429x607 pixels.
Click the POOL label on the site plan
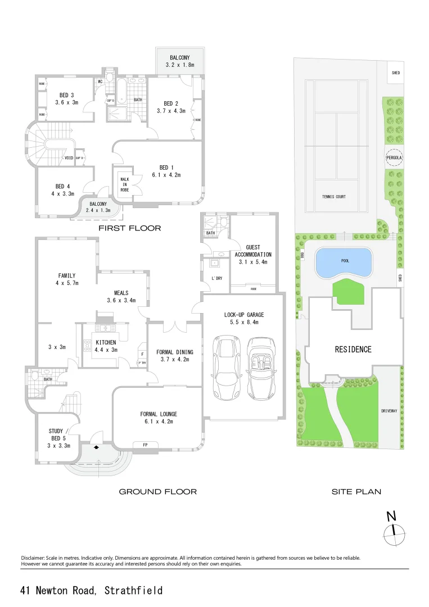tap(345, 261)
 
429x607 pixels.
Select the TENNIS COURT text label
tap(334, 197)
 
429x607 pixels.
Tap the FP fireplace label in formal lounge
tap(145, 445)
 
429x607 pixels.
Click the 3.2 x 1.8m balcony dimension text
tap(180, 65)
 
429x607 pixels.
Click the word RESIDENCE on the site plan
tap(353, 349)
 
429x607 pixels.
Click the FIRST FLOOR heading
tap(130, 228)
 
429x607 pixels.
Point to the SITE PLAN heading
tap(356, 492)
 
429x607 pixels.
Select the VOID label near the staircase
tap(70, 158)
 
